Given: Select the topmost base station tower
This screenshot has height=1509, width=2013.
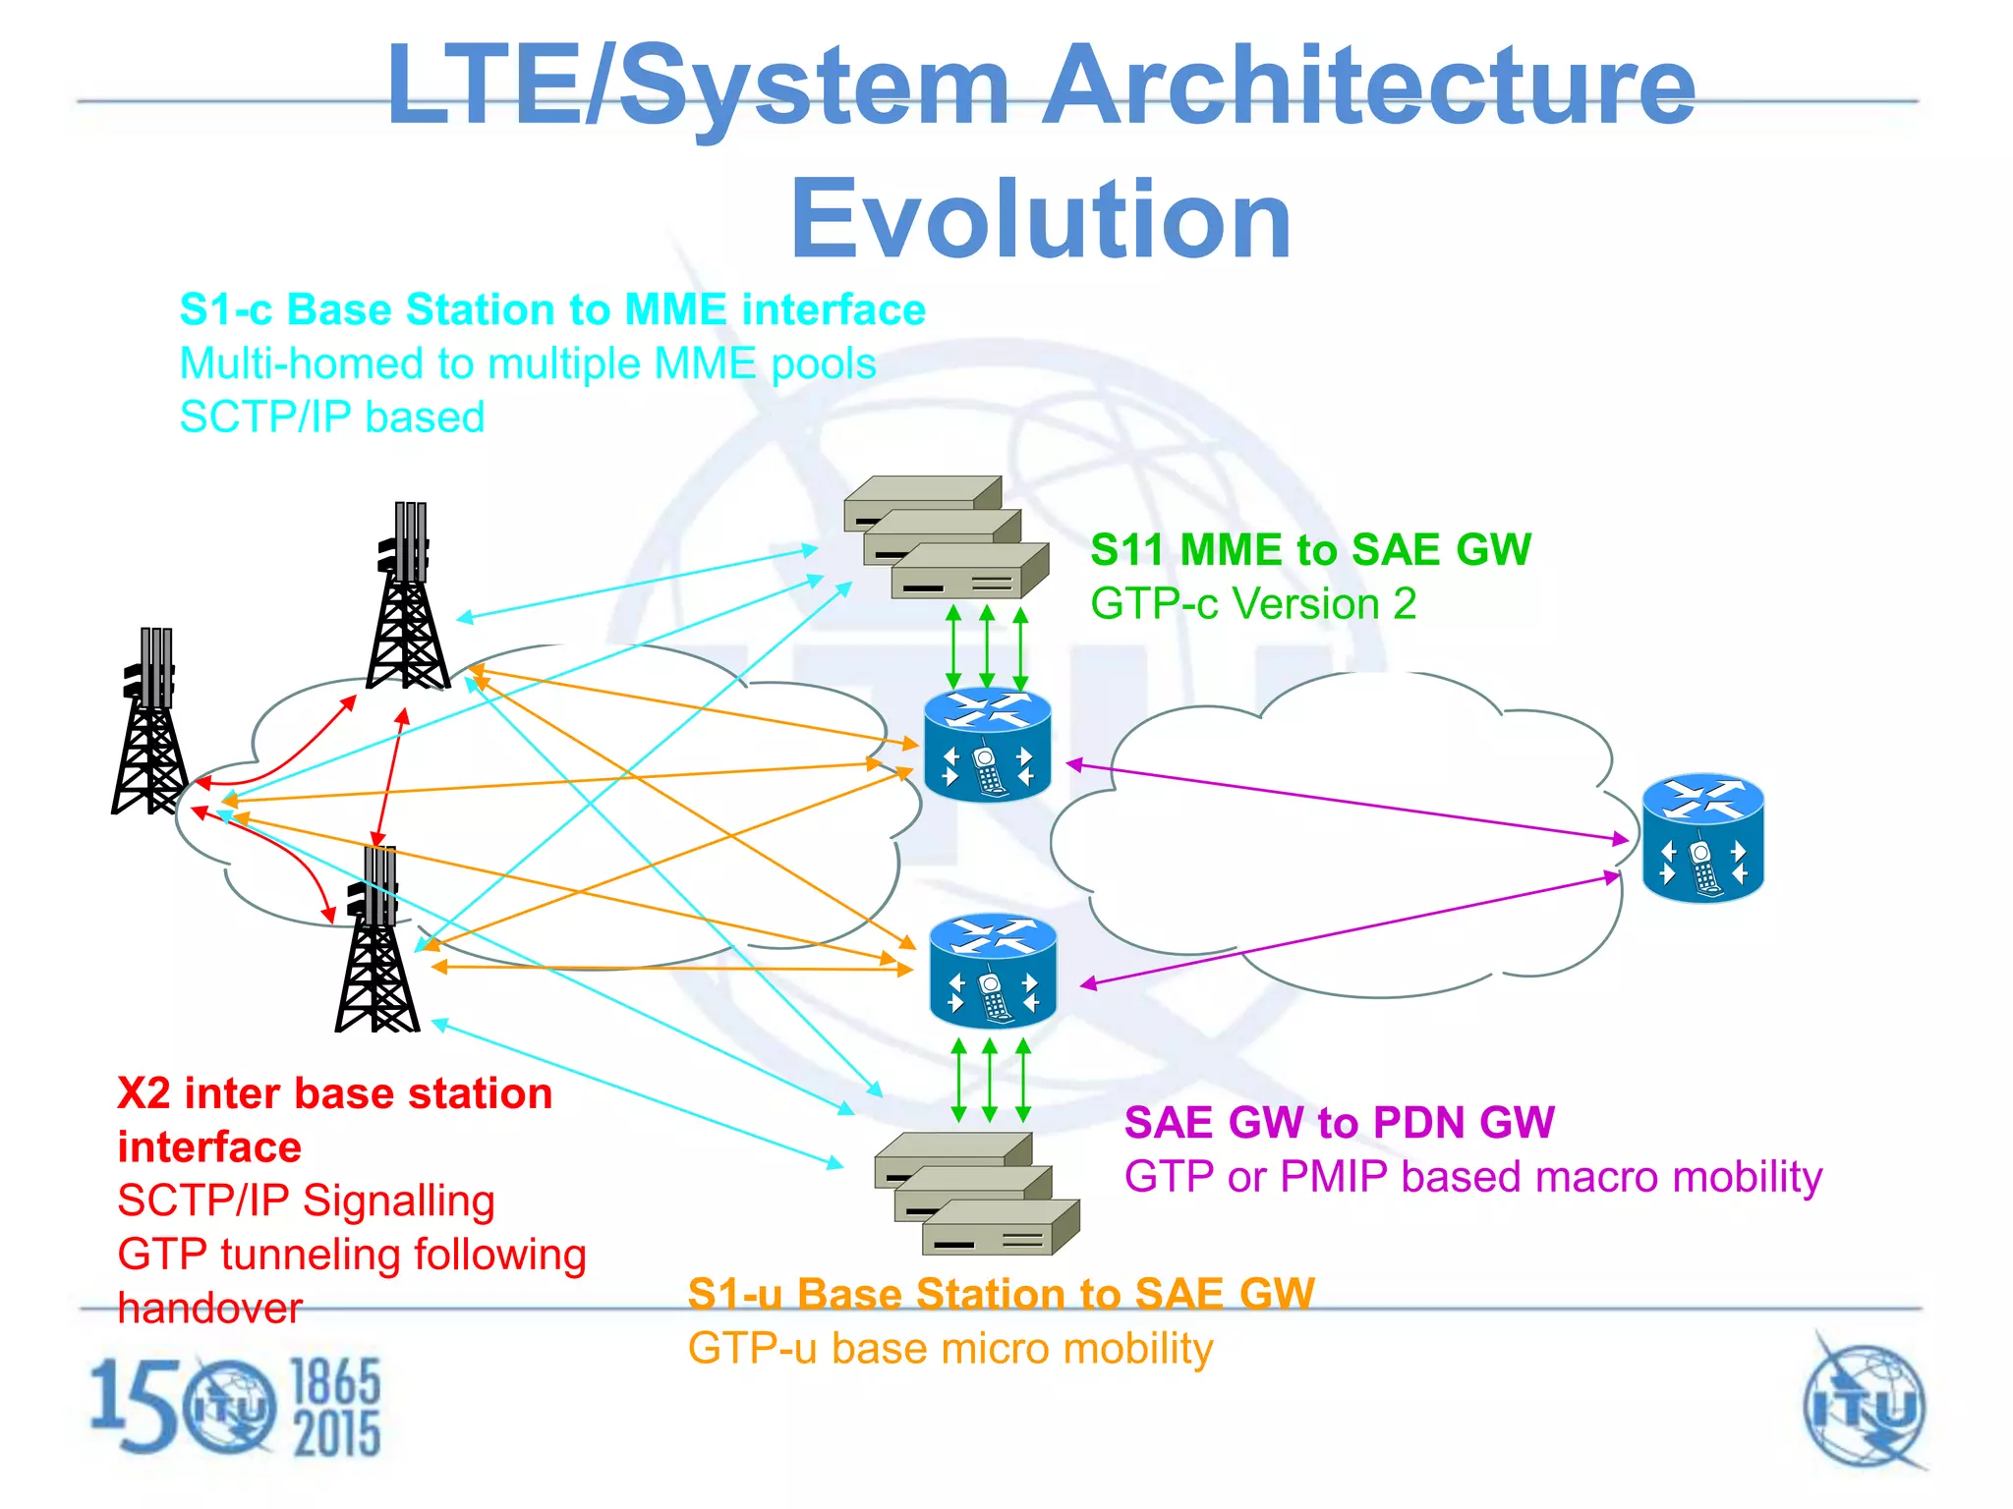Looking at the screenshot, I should point(408,599).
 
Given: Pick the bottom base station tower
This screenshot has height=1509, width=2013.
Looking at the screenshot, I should point(377,943).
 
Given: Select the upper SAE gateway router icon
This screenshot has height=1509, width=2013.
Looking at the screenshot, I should point(988,744).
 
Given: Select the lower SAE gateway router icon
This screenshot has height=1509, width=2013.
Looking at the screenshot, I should point(993,971).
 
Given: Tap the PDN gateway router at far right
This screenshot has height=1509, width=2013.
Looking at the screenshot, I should point(1703,838).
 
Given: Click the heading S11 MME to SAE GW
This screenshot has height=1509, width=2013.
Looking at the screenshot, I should point(1310,550).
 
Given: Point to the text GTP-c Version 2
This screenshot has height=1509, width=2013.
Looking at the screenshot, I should point(1253,604).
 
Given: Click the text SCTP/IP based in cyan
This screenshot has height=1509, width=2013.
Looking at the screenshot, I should point(332,418).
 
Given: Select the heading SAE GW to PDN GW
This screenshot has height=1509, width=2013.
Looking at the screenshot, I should point(1339,1123).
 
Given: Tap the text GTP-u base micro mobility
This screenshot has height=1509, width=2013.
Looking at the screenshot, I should point(949,1349).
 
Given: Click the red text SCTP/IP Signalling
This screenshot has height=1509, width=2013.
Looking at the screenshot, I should point(306,1202).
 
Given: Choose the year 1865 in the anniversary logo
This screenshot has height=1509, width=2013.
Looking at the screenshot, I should point(336,1381).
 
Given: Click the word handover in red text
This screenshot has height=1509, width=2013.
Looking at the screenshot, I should point(209,1309).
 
